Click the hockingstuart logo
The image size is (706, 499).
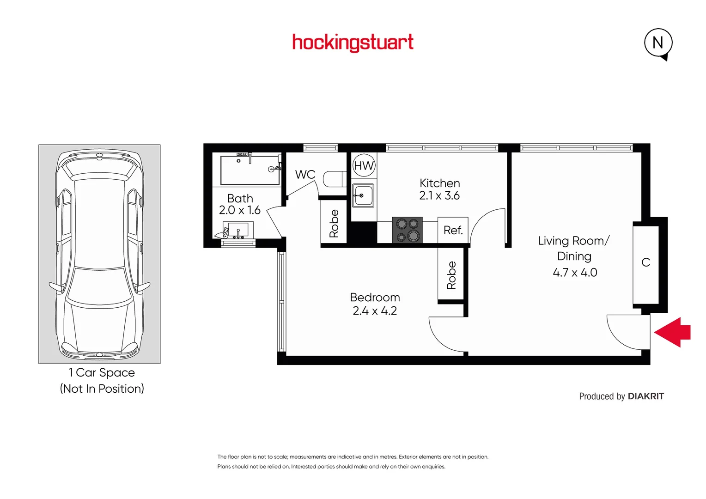click(x=353, y=43)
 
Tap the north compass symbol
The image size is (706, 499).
click(x=658, y=43)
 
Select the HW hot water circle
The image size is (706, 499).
click(x=364, y=165)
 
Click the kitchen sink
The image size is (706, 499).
click(x=363, y=195)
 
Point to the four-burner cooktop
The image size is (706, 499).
click(x=407, y=230)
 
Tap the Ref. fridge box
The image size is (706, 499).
click(x=453, y=230)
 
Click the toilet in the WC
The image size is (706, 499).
click(x=334, y=179)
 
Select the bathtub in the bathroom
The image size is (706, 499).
click(x=250, y=170)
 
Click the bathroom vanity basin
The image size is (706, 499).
click(x=238, y=230)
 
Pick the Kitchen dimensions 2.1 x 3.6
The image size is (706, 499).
click(x=439, y=196)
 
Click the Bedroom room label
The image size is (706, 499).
click(x=375, y=298)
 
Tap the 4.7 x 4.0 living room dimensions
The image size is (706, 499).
click(x=575, y=273)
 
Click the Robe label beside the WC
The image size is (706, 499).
click(x=334, y=224)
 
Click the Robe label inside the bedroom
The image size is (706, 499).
click(x=451, y=275)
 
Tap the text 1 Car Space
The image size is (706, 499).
click(x=102, y=372)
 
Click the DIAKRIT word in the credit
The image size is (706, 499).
click(x=645, y=396)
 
